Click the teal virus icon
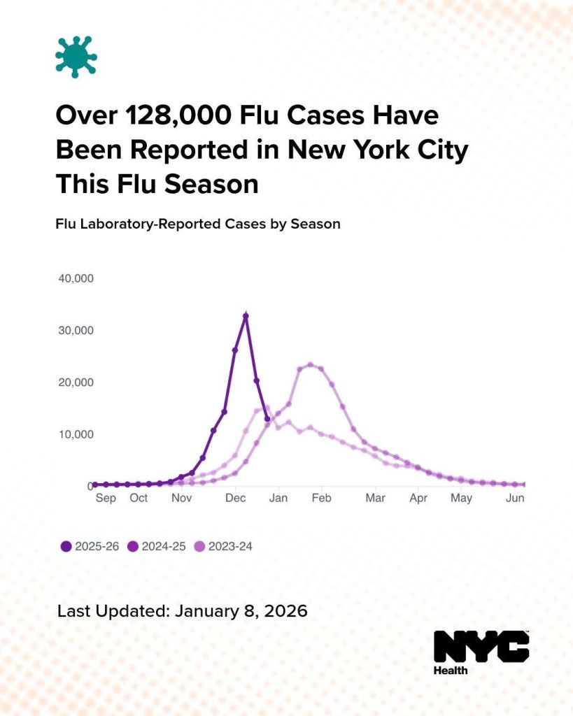point(76,57)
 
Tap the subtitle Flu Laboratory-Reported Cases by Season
point(197,224)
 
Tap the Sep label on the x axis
point(106,498)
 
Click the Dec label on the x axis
point(235,498)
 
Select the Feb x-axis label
point(321,498)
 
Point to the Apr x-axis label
point(418,498)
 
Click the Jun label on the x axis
point(515,498)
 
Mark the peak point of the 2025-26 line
point(246,316)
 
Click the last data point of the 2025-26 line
point(267,419)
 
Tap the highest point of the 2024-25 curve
point(310,365)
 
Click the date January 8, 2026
point(241,610)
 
